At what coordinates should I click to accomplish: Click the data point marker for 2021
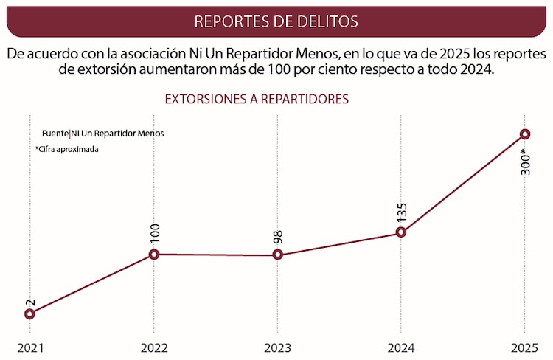tap(29, 314)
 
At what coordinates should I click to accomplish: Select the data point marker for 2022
tap(153, 255)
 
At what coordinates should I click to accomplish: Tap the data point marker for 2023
tap(277, 255)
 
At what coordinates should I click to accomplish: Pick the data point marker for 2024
tap(401, 232)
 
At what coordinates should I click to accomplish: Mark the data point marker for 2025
tap(524, 134)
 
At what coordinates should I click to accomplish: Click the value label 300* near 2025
tap(524, 162)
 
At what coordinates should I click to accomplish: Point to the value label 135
tap(402, 212)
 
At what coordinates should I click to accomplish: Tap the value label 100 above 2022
tap(154, 234)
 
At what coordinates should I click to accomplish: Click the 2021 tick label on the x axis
tap(30, 347)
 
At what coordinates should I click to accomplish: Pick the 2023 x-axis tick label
tap(277, 347)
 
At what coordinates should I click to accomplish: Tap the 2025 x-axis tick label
tap(524, 347)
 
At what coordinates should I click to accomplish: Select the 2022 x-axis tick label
tap(153, 347)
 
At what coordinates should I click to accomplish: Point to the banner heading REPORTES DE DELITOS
tap(276, 21)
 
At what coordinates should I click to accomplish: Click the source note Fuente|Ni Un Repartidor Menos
tap(102, 134)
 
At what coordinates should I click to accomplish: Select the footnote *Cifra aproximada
tap(66, 148)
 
